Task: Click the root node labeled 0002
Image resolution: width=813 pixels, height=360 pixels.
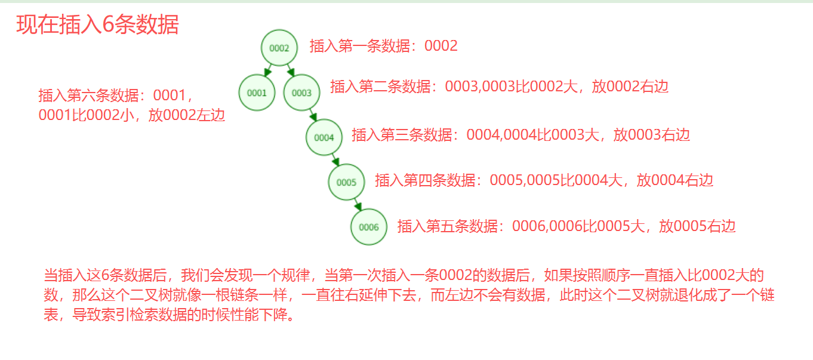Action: coord(279,48)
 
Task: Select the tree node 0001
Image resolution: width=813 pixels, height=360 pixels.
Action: coord(257,93)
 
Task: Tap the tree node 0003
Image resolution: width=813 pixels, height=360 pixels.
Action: coord(301,93)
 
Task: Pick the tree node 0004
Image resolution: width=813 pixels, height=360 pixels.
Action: coord(324,137)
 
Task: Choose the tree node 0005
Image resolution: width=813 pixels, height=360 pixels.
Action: coord(346,182)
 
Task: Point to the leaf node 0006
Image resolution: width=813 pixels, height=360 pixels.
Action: coord(369,227)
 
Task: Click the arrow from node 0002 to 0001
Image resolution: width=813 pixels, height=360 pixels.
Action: coord(269,70)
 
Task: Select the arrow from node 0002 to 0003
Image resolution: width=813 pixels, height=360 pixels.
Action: coord(291,70)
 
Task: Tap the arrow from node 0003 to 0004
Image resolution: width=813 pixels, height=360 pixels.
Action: coord(313,115)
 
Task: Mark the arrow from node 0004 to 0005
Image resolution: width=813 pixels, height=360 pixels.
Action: coord(335,160)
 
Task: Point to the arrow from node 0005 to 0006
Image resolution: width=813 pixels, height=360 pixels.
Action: coord(358,205)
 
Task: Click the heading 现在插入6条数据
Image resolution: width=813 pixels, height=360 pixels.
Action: coord(97,25)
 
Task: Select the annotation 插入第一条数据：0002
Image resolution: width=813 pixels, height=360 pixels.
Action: coord(383,46)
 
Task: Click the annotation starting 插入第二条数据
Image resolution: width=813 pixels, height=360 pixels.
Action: coord(499,87)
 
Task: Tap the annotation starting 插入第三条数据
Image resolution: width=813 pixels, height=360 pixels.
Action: coord(521,135)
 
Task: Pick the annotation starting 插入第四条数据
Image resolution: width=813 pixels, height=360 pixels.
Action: coord(544,180)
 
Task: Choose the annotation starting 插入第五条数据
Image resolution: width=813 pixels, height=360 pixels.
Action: coord(566,226)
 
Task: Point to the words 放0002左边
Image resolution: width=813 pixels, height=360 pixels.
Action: coord(186,115)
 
